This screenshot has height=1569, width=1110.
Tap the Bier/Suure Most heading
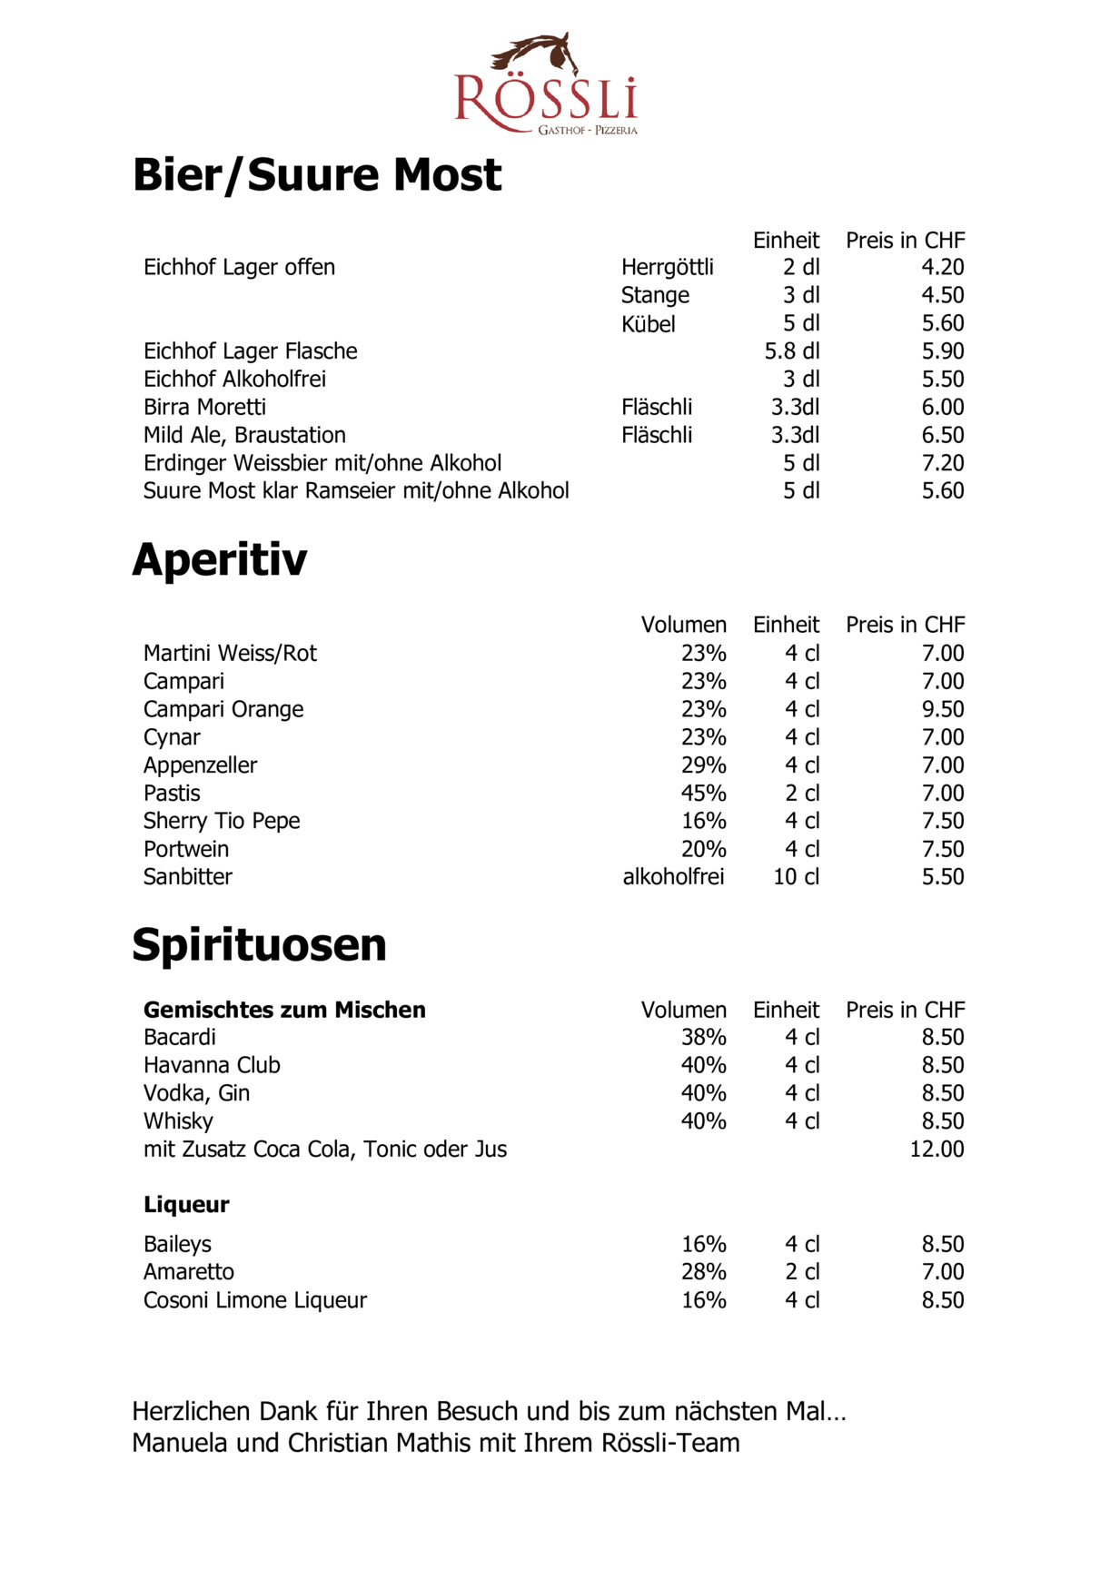pyautogui.click(x=316, y=174)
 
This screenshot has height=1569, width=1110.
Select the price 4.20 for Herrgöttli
pyautogui.click(x=942, y=267)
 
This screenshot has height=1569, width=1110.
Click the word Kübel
pyautogui.click(x=648, y=324)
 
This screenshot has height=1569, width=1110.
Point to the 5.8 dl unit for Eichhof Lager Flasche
pyautogui.click(x=791, y=351)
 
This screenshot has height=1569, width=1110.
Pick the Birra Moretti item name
pyautogui.click(x=204, y=407)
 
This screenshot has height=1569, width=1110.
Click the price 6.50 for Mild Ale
pyautogui.click(x=942, y=435)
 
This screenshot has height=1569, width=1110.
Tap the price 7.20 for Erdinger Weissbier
pyautogui.click(x=942, y=463)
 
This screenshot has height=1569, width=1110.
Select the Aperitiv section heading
pyautogui.click(x=220, y=559)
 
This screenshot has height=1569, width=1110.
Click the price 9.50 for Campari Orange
pyautogui.click(x=942, y=709)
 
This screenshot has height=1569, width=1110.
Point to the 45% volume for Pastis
pyautogui.click(x=703, y=793)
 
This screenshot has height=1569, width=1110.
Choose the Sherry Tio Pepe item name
pyautogui.click(x=222, y=821)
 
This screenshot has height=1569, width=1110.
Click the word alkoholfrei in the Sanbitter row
pyautogui.click(x=673, y=877)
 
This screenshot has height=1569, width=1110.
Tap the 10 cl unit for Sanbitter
pyautogui.click(x=796, y=877)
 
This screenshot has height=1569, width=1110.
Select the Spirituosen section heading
pyautogui.click(x=259, y=944)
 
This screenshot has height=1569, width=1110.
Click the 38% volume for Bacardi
pyautogui.click(x=703, y=1037)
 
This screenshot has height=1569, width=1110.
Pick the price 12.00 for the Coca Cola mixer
pyautogui.click(x=937, y=1149)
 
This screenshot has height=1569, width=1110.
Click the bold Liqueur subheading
pyautogui.click(x=186, y=1204)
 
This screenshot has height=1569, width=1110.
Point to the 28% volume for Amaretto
pyautogui.click(x=703, y=1272)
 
